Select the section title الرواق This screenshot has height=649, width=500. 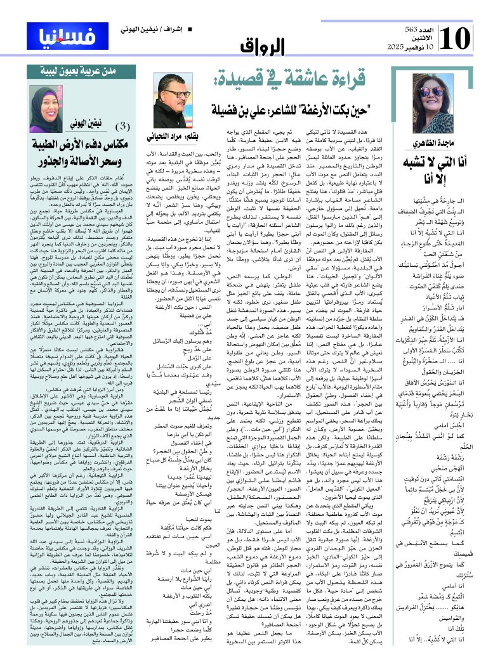pyautogui.click(x=260, y=45)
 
